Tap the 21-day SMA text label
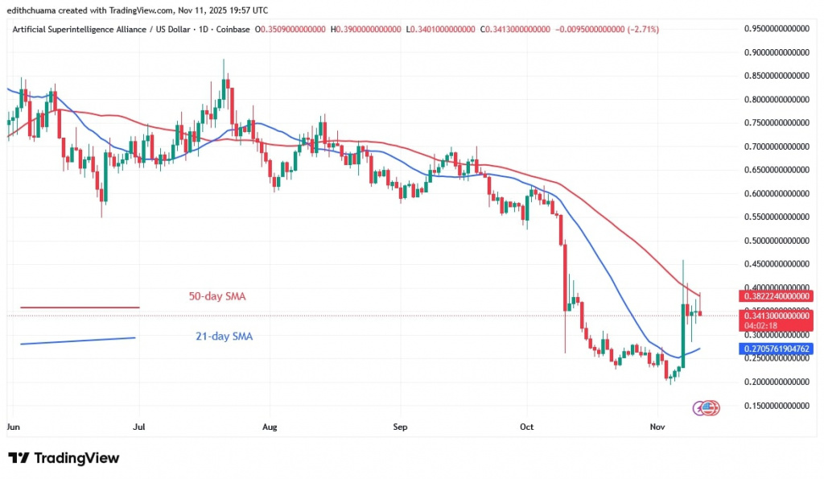pos(224,337)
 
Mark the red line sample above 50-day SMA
pos(80,307)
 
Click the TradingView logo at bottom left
pos(64,458)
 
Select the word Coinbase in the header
pos(233,29)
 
